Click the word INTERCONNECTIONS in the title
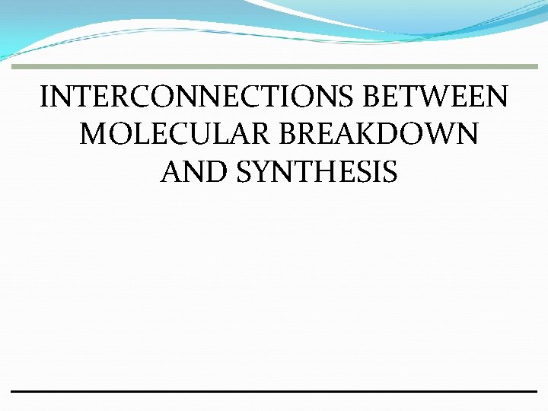[x=199, y=97]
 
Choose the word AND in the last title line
[x=194, y=172]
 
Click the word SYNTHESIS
[x=317, y=172]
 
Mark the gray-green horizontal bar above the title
[x=274, y=67]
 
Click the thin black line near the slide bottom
[x=274, y=391]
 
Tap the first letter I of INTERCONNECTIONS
[x=45, y=97]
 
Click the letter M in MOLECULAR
[x=94, y=135]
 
